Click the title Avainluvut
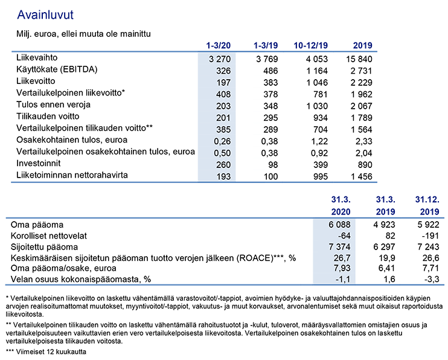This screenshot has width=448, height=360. coord(45,15)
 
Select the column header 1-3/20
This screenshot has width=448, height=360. coord(219,45)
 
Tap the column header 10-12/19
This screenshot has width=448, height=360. coord(311,45)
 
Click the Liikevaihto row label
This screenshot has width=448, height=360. coord(37,58)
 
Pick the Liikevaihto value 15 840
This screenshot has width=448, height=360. coord(359,59)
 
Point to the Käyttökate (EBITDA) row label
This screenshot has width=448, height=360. coord(57,69)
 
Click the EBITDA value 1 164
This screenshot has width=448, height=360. coord(317,71)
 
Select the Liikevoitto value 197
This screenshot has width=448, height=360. coord(223,83)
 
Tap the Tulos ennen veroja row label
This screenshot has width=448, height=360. coord(53,104)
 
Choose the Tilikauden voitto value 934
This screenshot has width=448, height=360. coord(321,118)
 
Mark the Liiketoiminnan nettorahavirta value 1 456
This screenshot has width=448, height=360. coord(362,177)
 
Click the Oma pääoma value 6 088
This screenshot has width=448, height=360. coord(339,225)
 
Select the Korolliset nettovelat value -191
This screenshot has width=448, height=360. coord(430,236)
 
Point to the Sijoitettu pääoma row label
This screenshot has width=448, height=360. coord(44,247)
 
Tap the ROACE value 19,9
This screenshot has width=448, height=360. coord(387,258)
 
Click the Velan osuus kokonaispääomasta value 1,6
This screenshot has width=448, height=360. coord(389,280)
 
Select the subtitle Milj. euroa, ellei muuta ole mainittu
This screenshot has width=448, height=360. coord(83,34)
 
